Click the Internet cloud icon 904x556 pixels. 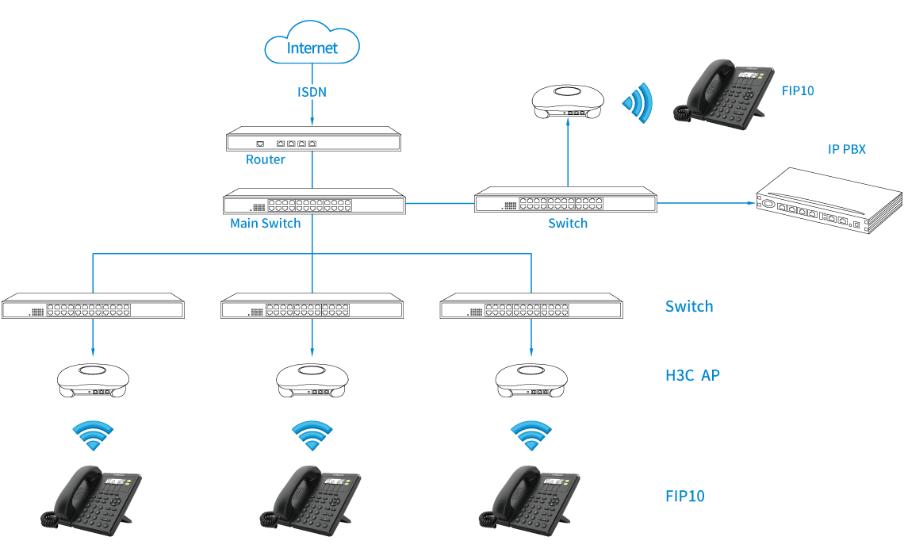pos(312,47)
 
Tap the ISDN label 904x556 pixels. pos(312,92)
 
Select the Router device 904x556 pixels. pos(313,141)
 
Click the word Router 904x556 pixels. pos(265,159)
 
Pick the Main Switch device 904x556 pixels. pos(314,202)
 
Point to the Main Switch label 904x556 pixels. pos(265,224)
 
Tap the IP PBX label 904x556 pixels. pos(847,148)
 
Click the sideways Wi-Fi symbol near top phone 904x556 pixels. pos(638,102)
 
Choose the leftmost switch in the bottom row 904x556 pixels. pos(93,307)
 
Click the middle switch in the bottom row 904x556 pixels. pos(312,307)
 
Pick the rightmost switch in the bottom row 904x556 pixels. pos(531,307)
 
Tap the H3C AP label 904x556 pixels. pos(692,375)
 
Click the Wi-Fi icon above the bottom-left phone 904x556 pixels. pos(93,435)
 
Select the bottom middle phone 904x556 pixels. pos(310,497)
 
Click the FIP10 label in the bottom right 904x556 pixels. pos(684,497)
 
